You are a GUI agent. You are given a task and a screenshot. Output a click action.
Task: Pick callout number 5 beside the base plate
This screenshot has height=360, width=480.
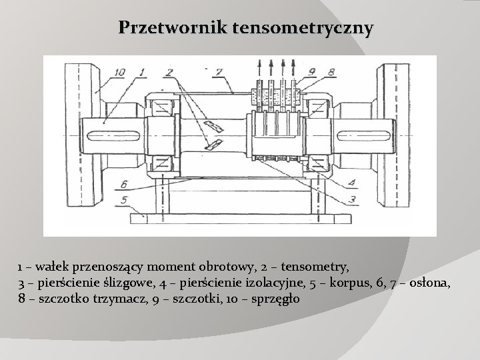tap(123, 198)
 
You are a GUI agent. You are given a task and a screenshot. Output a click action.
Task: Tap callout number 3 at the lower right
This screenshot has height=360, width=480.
tap(354, 198)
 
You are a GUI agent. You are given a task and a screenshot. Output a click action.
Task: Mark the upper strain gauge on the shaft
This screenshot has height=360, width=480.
tap(215, 125)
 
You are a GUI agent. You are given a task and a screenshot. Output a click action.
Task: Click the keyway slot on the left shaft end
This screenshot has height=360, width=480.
tap(127, 137)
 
